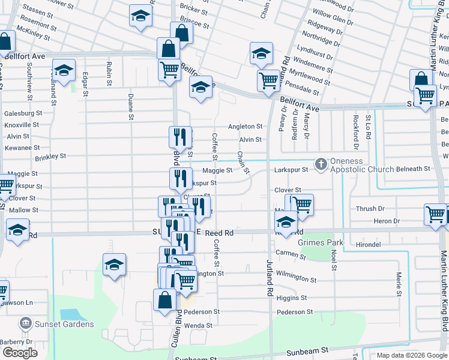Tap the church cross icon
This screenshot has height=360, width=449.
point(321,163)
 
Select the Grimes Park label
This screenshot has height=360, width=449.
point(316,242)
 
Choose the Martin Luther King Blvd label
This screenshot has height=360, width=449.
point(445,300)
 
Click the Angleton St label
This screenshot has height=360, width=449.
point(245,127)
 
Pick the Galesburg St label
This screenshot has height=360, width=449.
point(23,113)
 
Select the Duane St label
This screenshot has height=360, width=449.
point(130,106)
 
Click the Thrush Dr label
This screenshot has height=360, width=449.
point(370,209)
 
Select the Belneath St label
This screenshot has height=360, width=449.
point(413,169)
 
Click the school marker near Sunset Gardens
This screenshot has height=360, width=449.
point(114,265)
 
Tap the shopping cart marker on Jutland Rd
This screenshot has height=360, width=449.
point(268,79)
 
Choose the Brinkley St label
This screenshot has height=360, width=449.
point(50,157)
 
